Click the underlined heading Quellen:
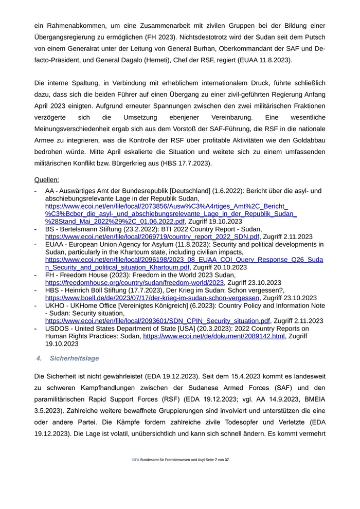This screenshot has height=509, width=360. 46,180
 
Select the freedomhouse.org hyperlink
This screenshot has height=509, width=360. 135,282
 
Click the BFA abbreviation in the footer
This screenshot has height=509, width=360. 135,460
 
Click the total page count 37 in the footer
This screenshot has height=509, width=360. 227,460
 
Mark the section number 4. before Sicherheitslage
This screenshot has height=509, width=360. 39,358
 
